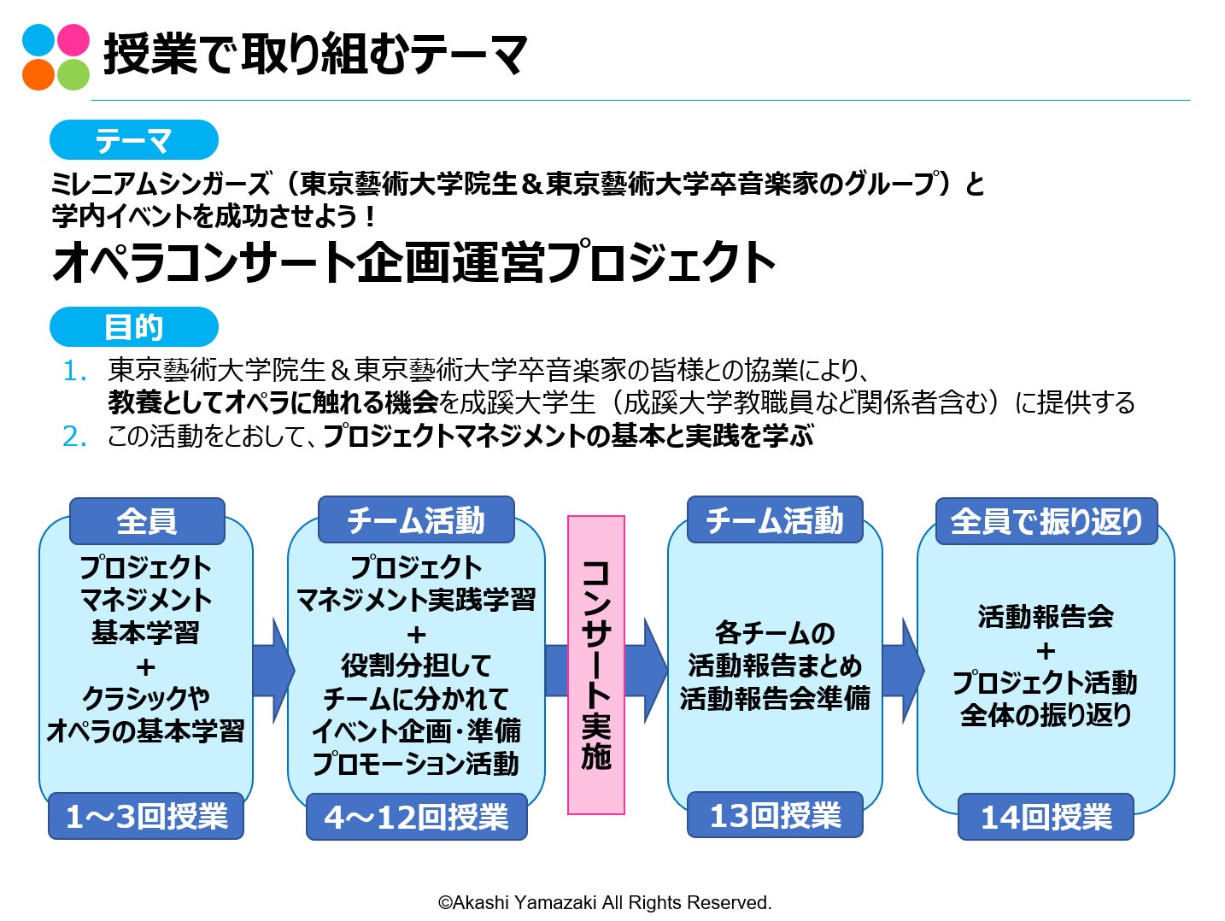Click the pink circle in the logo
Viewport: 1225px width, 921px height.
pyautogui.click(x=73, y=39)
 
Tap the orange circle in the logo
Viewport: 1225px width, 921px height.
pyautogui.click(x=38, y=74)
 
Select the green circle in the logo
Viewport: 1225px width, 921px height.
pyautogui.click(x=73, y=74)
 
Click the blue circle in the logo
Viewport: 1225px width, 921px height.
pyautogui.click(x=38, y=39)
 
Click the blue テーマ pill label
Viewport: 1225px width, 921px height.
pyautogui.click(x=134, y=140)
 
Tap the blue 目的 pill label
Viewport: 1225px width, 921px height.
pyautogui.click(x=134, y=327)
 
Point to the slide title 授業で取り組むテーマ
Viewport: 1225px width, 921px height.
pyautogui.click(x=315, y=55)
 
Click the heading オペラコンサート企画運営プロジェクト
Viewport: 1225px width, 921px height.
pyautogui.click(x=413, y=261)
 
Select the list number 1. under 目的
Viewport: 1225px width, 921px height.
pyautogui.click(x=75, y=371)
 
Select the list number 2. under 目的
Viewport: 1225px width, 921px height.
pyautogui.click(x=75, y=437)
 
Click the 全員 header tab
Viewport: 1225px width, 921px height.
pyautogui.click(x=147, y=521)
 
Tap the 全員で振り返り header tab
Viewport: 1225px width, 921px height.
pyautogui.click(x=1046, y=521)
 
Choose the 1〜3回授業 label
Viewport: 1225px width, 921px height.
pyautogui.click(x=146, y=817)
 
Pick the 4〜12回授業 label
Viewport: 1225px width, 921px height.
pyautogui.click(x=416, y=817)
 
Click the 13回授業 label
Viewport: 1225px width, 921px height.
pyautogui.click(x=775, y=815)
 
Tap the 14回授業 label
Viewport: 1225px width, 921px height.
pyautogui.click(x=1046, y=817)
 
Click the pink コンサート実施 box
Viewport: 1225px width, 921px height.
pyautogui.click(x=596, y=665)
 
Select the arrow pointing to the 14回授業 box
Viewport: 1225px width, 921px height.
pyautogui.click(x=902, y=670)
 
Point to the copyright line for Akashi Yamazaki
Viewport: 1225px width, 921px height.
pyautogui.click(x=605, y=902)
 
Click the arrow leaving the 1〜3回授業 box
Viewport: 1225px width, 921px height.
pyautogui.click(x=273, y=670)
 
